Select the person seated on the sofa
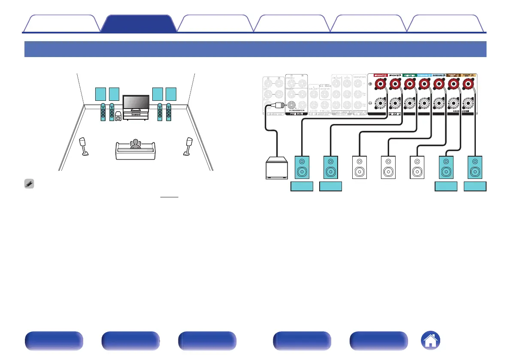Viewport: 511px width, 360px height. [136, 144]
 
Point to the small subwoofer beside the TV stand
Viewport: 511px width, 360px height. [118, 116]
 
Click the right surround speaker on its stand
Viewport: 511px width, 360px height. [188, 146]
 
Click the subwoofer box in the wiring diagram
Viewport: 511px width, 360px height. [277, 167]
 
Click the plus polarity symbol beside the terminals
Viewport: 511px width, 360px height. [370, 84]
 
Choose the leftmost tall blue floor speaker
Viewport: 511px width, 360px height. [103, 112]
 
